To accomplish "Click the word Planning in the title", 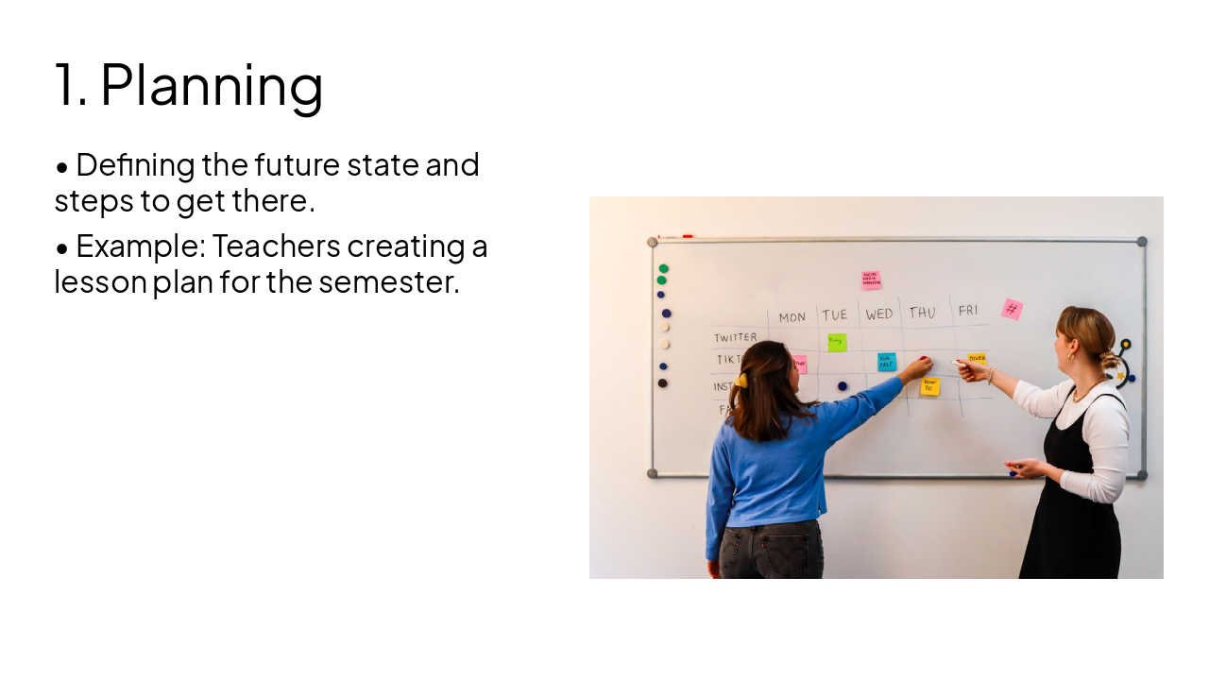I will click(212, 85).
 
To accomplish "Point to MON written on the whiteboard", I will click(792, 317).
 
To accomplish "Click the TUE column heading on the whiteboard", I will click(835, 315).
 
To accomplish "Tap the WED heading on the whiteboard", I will click(879, 314).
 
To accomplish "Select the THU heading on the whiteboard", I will click(923, 313).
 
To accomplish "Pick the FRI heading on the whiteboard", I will click(968, 310).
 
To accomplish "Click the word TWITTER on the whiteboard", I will click(735, 337).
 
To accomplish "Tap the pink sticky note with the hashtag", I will click(1012, 309).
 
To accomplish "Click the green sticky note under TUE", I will click(837, 342).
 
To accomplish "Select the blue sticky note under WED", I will click(887, 362).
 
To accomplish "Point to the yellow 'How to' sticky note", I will click(930, 386).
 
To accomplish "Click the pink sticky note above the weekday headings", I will click(871, 280).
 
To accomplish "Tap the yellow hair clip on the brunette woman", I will click(741, 381).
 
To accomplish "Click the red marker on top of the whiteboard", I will click(688, 236).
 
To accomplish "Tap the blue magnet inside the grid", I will click(843, 386).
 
